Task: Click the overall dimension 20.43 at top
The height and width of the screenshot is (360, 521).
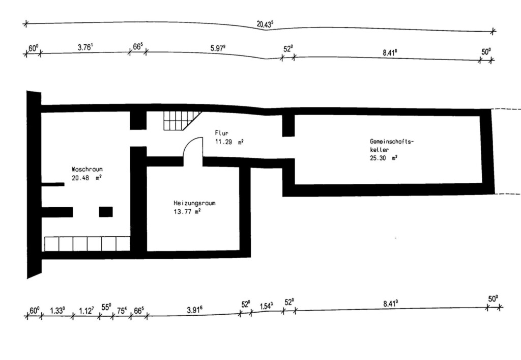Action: click(265, 24)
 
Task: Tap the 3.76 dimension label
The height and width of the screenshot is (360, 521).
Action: click(85, 47)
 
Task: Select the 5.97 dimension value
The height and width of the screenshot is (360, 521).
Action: click(218, 48)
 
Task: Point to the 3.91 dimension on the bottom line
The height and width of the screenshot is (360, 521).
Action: click(194, 310)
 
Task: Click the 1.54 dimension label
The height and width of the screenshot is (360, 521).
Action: click(266, 306)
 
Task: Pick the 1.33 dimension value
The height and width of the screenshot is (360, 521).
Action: click(57, 311)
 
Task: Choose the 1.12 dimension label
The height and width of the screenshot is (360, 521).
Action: click(86, 311)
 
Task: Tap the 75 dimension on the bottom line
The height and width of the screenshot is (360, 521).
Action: click(122, 311)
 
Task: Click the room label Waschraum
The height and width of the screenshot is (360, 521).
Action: click(87, 169)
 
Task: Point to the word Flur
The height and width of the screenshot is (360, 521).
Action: click(222, 133)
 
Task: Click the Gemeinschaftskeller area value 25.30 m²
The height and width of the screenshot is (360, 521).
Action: click(384, 158)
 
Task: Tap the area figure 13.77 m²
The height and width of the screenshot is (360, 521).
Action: click(187, 211)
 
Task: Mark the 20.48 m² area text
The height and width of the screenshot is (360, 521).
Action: click(86, 178)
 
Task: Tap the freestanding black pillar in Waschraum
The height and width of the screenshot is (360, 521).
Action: click(106, 212)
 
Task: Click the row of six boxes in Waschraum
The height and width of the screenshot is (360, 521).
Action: click(87, 244)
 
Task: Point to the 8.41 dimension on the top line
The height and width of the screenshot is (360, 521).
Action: click(390, 52)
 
